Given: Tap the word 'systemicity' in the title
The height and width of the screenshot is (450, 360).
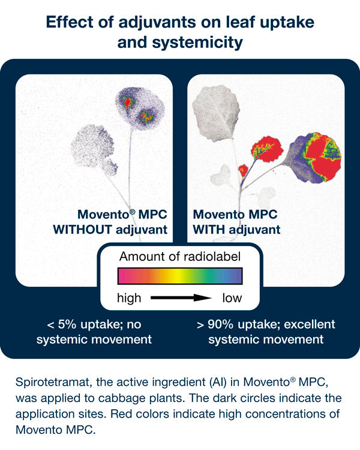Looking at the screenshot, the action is click(197, 42).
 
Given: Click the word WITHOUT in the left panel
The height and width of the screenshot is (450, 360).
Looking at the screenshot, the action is click(82, 230).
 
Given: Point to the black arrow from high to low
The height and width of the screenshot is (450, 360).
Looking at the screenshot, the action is click(181, 298).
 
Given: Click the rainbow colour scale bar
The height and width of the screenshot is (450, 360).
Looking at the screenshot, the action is click(180, 276).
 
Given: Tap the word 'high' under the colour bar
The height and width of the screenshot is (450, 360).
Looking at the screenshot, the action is click(129, 298).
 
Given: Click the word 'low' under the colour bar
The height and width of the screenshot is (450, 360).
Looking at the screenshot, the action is click(232, 298).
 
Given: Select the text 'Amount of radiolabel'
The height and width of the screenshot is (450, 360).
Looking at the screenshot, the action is click(180, 257).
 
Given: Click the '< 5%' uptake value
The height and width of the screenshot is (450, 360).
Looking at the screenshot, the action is click(61, 324).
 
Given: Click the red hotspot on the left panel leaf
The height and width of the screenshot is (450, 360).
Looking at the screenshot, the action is click(127, 102).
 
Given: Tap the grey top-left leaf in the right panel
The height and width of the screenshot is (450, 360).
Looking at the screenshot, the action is click(216, 113).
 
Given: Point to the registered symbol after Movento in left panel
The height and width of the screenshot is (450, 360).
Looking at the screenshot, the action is click(133, 212).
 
